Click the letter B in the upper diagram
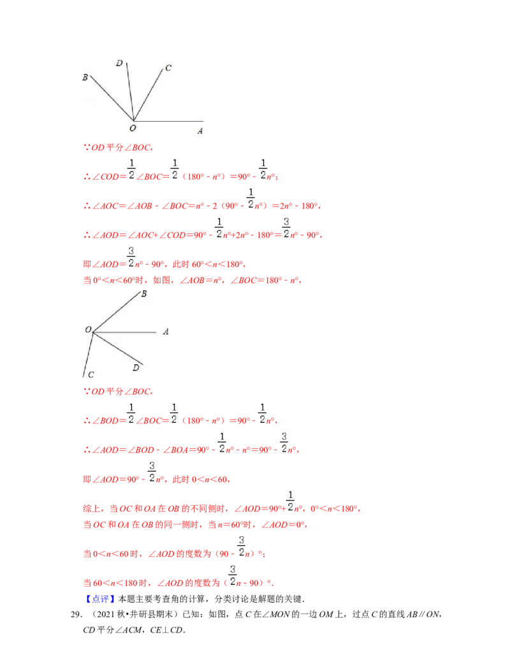[85, 77]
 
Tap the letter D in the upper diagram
[119, 62]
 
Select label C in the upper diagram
[168, 68]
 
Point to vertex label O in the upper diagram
[133, 128]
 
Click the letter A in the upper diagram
[200, 131]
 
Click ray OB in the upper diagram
[112, 98]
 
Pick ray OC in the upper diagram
[149, 94]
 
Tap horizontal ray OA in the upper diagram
[169, 121]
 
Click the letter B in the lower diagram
[144, 294]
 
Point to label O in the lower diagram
[88, 330]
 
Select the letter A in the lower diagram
[166, 332]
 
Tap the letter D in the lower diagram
[135, 367]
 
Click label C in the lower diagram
[91, 375]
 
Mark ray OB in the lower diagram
[116, 313]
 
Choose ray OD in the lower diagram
[117, 348]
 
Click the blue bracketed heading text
[101, 599]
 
